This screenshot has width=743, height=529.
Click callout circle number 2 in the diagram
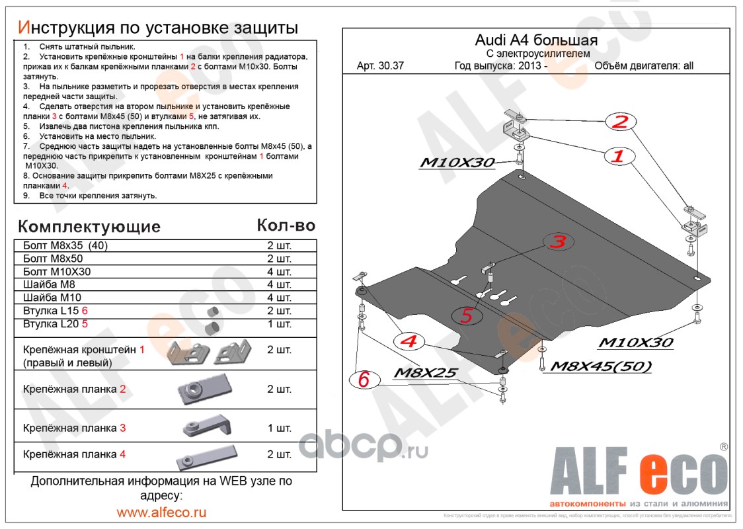(619, 122)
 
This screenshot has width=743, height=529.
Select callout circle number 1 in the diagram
(617, 157)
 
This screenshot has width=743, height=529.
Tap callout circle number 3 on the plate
(559, 242)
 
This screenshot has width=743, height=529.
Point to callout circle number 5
(467, 316)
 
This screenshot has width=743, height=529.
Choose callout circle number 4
(409, 341)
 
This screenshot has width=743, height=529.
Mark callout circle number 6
(364, 380)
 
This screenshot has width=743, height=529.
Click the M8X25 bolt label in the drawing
(425, 373)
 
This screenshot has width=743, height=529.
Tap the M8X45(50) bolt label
(601, 366)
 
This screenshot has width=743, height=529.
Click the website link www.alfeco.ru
(161, 512)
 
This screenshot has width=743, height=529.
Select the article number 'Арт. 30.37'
(380, 65)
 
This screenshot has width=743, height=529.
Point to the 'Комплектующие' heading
(89, 227)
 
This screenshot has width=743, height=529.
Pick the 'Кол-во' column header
(286, 225)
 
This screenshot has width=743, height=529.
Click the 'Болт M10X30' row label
(57, 272)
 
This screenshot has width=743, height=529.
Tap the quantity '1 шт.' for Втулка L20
(279, 324)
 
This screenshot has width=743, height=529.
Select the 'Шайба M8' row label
(47, 284)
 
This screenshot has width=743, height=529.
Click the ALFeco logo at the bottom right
(639, 473)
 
